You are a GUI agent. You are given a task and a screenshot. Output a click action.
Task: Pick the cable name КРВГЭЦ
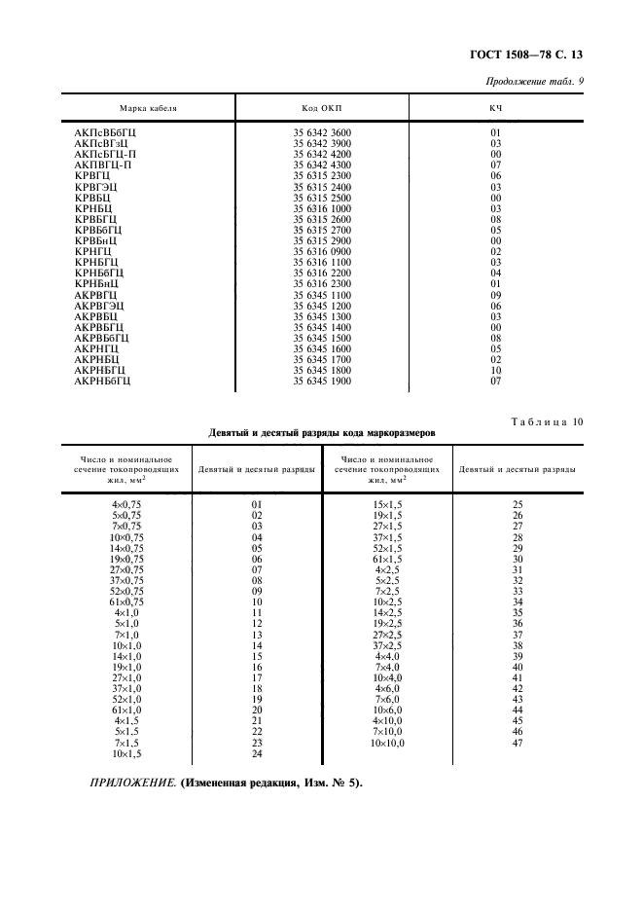95,187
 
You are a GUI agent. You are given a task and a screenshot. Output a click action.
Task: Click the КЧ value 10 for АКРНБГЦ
495,370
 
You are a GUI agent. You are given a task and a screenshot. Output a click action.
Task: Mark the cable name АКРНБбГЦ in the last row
103,381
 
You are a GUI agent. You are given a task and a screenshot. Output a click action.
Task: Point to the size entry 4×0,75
126,505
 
